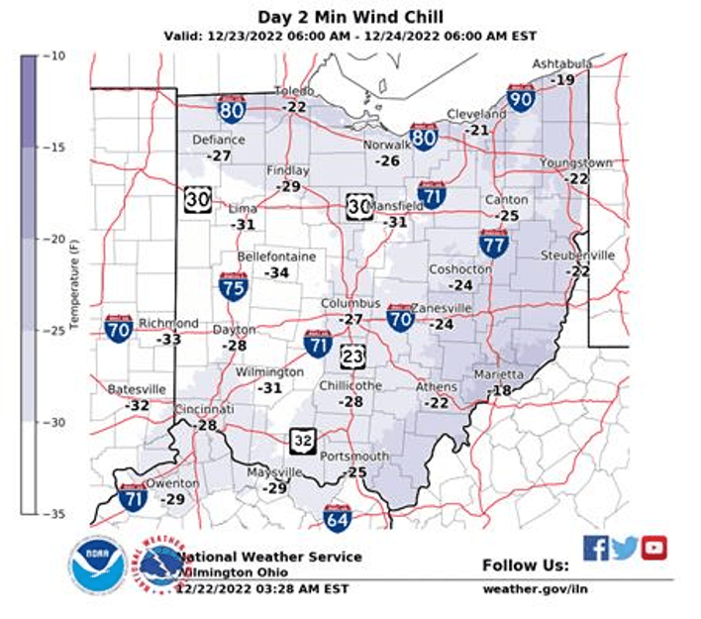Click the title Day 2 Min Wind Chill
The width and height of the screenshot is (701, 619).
[x=350, y=17]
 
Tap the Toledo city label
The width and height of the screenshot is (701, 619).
[x=294, y=91]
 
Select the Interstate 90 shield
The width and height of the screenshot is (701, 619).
[x=521, y=97]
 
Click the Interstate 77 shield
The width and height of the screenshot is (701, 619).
[x=494, y=243]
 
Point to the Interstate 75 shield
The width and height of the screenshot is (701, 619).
[x=234, y=285]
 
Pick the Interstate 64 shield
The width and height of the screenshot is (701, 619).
[x=338, y=516]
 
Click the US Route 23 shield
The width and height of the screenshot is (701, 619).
[x=353, y=357]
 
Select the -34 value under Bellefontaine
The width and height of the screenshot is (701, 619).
[x=276, y=272]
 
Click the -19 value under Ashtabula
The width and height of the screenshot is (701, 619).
[x=563, y=79]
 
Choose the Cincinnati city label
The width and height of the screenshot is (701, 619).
[x=204, y=409]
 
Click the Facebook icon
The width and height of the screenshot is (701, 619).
[x=595, y=548]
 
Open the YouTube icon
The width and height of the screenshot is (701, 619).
[x=653, y=548]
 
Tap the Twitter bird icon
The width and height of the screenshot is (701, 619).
[x=625, y=548]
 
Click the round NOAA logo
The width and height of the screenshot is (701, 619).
[x=96, y=566]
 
